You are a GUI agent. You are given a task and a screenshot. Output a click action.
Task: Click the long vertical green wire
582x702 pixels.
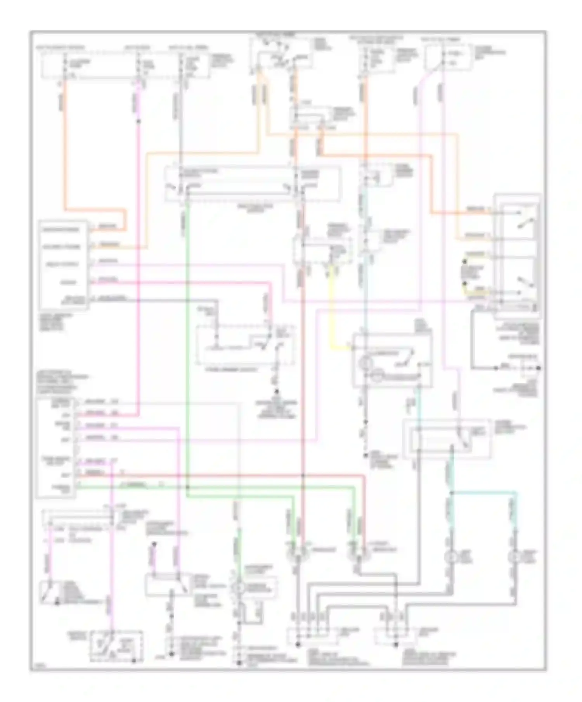(x=187, y=349)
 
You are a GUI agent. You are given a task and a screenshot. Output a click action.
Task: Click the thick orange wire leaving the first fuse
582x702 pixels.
(x=65, y=147)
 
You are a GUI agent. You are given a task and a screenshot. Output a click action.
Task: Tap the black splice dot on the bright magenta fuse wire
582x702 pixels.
(x=139, y=121)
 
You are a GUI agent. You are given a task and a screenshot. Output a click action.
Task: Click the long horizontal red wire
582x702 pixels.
(x=233, y=475)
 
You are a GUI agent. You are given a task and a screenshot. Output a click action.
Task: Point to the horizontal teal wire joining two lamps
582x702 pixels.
(x=485, y=493)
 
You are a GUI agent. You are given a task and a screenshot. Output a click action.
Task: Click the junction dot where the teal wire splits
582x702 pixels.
(x=452, y=493)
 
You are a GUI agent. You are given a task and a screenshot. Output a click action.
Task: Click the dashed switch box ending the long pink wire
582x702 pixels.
(x=116, y=646)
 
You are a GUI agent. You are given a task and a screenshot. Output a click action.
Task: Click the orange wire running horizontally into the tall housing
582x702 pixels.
(x=462, y=213)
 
